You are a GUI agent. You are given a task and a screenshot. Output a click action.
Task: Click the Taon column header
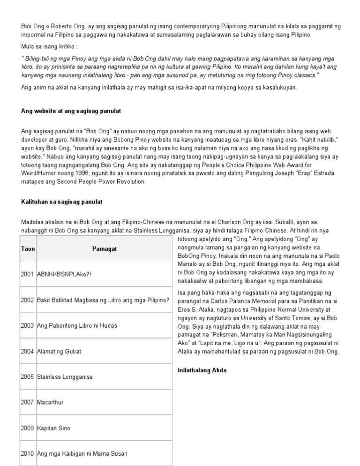click(28, 248)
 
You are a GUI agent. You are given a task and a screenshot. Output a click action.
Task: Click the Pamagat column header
click(104, 248)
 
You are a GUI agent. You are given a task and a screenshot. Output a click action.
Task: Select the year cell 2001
click(28, 274)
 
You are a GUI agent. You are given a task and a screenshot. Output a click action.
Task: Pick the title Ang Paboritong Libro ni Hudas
click(77, 325)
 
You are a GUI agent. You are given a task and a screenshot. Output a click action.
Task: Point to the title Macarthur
click(50, 403)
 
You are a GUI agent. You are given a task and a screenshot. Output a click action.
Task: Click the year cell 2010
click(28, 454)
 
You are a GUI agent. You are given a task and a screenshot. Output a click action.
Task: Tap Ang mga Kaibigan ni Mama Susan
click(82, 454)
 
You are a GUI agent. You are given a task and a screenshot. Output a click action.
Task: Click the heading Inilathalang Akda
click(202, 370)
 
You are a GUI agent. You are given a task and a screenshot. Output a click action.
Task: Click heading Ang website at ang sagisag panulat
click(71, 111)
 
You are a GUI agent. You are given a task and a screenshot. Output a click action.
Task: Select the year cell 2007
click(28, 403)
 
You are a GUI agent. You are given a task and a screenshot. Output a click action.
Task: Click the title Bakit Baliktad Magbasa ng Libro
click(104, 300)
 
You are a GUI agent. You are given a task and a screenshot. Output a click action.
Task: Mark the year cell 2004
click(28, 351)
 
